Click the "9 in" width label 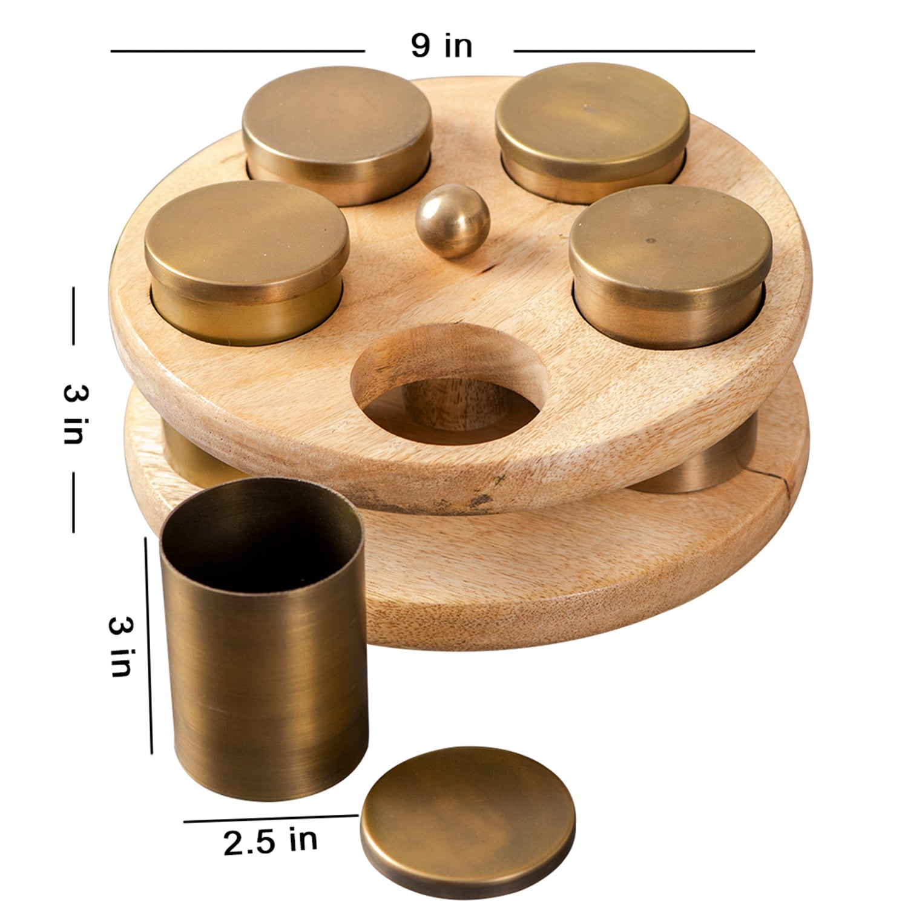click(x=441, y=46)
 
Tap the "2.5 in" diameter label click(x=271, y=841)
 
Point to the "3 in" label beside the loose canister click(x=120, y=646)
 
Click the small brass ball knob click(x=453, y=221)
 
